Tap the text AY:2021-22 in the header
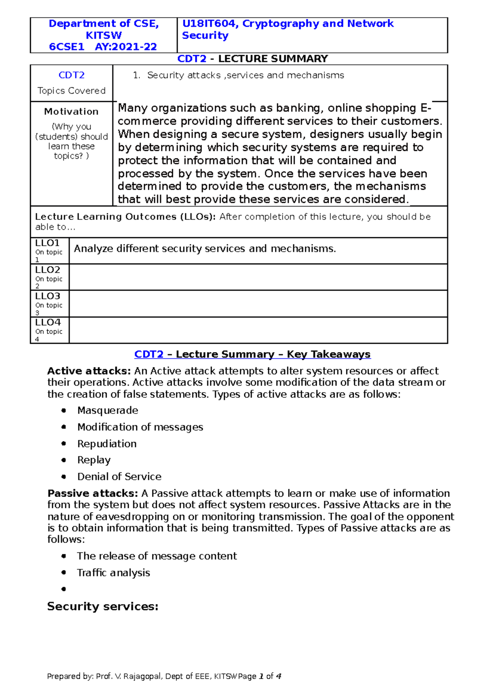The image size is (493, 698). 126,47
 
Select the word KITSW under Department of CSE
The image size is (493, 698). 104,35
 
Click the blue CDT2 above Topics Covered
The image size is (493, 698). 71,75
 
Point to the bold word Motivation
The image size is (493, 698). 71,111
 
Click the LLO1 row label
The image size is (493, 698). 47,243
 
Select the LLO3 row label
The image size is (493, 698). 47,296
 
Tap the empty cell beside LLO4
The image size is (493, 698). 258,330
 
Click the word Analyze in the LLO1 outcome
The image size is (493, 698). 93,249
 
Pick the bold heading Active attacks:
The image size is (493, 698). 89,371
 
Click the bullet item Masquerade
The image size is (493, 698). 108,410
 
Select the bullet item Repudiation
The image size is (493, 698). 107,444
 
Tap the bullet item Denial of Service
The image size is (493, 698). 119,476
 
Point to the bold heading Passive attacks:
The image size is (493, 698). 92,493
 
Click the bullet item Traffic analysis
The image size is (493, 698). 113,573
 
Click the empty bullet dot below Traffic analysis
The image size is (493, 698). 64,589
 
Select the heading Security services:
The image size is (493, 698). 103,606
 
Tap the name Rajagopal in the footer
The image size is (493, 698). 143,676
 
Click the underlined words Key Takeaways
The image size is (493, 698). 328,354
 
